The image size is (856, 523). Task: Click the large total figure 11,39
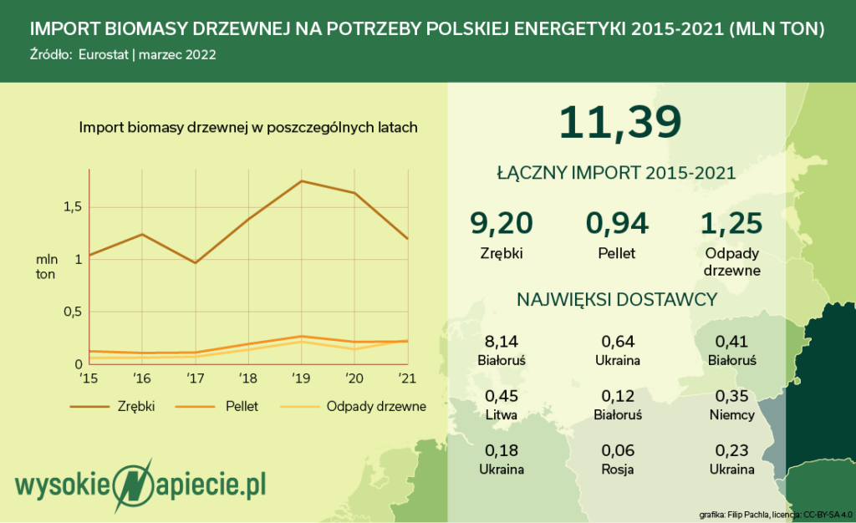(x=620, y=122)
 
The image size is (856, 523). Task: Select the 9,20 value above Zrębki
(x=502, y=224)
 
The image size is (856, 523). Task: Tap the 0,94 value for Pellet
(x=617, y=224)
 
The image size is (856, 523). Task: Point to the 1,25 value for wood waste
(x=731, y=224)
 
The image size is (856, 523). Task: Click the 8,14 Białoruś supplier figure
(x=502, y=342)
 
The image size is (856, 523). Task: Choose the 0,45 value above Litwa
(x=502, y=397)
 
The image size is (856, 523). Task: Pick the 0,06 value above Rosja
(x=618, y=450)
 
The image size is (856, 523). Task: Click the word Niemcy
(x=731, y=414)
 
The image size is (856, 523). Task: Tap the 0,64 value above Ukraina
(x=618, y=342)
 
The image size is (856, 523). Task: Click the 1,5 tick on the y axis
(x=73, y=206)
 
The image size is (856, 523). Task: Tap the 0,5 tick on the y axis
(x=73, y=312)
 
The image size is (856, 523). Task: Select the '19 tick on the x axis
(x=301, y=378)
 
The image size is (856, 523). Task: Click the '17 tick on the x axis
(x=195, y=378)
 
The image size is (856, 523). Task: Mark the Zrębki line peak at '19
(x=301, y=181)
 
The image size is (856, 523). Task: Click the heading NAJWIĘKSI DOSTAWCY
(x=617, y=299)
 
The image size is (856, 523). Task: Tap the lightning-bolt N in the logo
(x=133, y=485)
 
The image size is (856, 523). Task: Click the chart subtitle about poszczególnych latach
(x=248, y=128)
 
